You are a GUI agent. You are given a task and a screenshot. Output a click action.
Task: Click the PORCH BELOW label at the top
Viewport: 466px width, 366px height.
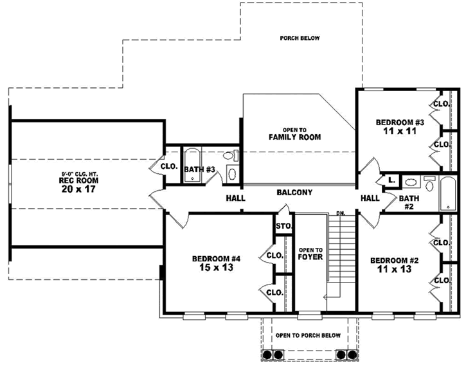click(x=300, y=38)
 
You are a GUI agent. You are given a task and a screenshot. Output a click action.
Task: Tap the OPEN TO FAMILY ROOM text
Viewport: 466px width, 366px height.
click(x=294, y=134)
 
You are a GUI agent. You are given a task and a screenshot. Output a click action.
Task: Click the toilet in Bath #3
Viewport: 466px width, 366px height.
click(x=228, y=156)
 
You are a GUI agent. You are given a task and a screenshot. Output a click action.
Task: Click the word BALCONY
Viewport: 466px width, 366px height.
click(x=294, y=192)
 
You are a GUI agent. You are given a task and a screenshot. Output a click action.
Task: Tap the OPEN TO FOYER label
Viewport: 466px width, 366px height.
click(x=309, y=254)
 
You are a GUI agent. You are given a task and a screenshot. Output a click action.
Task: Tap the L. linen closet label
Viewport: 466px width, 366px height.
click(x=391, y=181)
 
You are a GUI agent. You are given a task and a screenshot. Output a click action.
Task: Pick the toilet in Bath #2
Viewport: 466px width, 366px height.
click(x=429, y=182)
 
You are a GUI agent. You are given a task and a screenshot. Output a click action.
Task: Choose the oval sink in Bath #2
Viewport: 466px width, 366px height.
click(x=410, y=182)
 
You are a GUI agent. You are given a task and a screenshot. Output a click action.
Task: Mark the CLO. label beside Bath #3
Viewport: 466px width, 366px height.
click(x=170, y=166)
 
